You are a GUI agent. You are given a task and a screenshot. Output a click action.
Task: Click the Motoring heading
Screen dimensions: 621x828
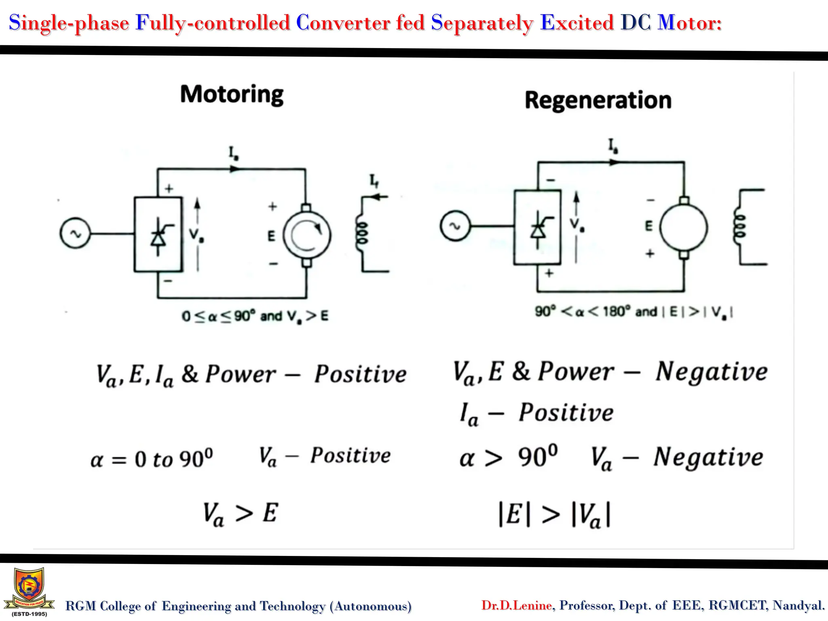[232, 95]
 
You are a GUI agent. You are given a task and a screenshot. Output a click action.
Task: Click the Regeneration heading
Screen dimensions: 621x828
[598, 101]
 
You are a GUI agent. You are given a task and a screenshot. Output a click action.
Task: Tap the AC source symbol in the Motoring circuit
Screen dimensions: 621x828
[75, 233]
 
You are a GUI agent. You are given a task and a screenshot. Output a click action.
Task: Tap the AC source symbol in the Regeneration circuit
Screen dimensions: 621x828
[455, 226]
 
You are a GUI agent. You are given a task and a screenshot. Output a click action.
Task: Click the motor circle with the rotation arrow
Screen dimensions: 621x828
[307, 235]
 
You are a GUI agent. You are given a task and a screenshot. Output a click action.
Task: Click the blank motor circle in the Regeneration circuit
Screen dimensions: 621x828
[684, 227]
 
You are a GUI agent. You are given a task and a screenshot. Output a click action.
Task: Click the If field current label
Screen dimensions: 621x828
[374, 181]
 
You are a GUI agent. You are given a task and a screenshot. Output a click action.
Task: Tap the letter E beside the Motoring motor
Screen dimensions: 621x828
[271, 236]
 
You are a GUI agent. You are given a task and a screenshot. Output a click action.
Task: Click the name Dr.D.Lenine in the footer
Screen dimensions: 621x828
[516, 605]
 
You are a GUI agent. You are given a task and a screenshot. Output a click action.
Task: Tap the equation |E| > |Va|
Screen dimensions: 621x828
[555, 515]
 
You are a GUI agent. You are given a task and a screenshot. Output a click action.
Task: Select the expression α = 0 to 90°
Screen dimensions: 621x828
[152, 459]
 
